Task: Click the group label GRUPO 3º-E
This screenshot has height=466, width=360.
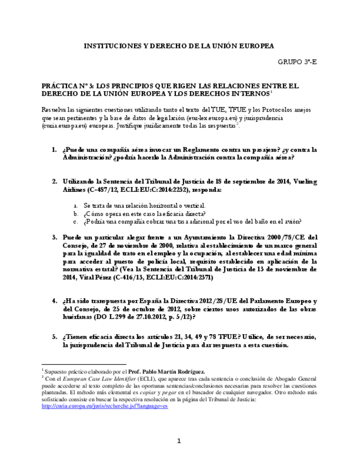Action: (298, 62)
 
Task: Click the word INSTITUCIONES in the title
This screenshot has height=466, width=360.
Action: (112, 46)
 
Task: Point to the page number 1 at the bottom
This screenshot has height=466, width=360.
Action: (179, 441)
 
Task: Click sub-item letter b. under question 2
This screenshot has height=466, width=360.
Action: (75, 213)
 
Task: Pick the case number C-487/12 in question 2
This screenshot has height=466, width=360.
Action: (124, 189)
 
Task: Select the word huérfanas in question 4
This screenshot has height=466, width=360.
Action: (79, 317)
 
